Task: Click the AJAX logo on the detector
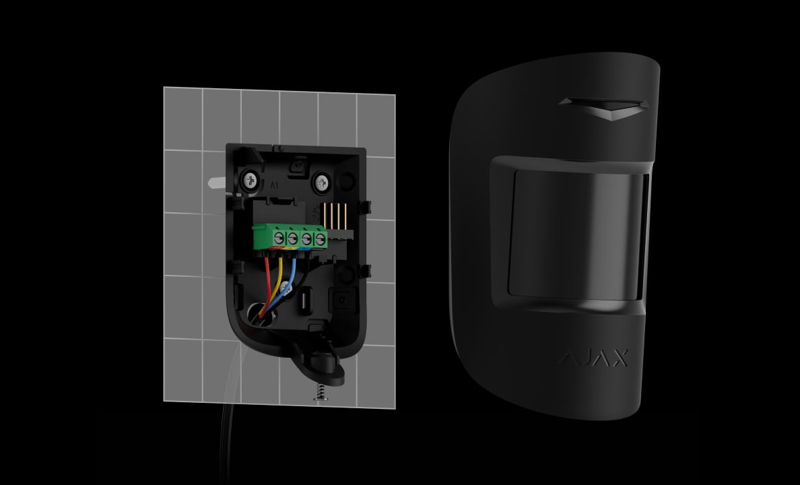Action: [x=595, y=358]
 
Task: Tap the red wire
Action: [x=266, y=286]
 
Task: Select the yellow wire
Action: [x=275, y=284]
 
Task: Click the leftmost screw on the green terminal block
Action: [x=279, y=237]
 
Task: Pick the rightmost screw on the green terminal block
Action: [x=320, y=238]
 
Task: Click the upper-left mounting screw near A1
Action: [x=250, y=180]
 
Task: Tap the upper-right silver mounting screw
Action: [x=321, y=183]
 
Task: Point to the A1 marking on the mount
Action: [x=275, y=185]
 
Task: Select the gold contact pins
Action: [x=334, y=216]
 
